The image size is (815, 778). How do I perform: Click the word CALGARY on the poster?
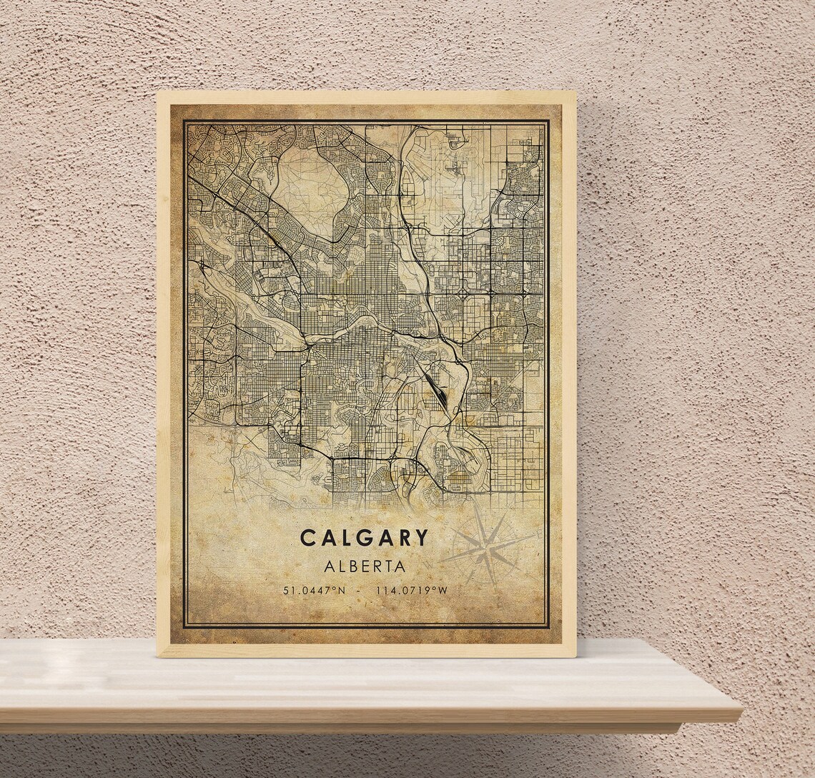click(x=364, y=538)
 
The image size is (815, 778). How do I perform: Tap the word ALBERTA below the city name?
click(x=365, y=566)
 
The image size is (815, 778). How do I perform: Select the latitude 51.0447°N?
click(x=314, y=591)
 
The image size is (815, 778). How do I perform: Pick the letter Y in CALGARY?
click(x=422, y=538)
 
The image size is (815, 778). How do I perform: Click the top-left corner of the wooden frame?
click(x=158, y=92)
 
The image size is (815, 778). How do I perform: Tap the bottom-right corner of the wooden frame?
click(x=575, y=656)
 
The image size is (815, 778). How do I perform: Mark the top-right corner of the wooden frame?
click(x=575, y=92)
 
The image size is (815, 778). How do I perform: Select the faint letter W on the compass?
click(x=430, y=564)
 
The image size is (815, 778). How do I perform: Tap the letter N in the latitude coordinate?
click(x=341, y=591)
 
